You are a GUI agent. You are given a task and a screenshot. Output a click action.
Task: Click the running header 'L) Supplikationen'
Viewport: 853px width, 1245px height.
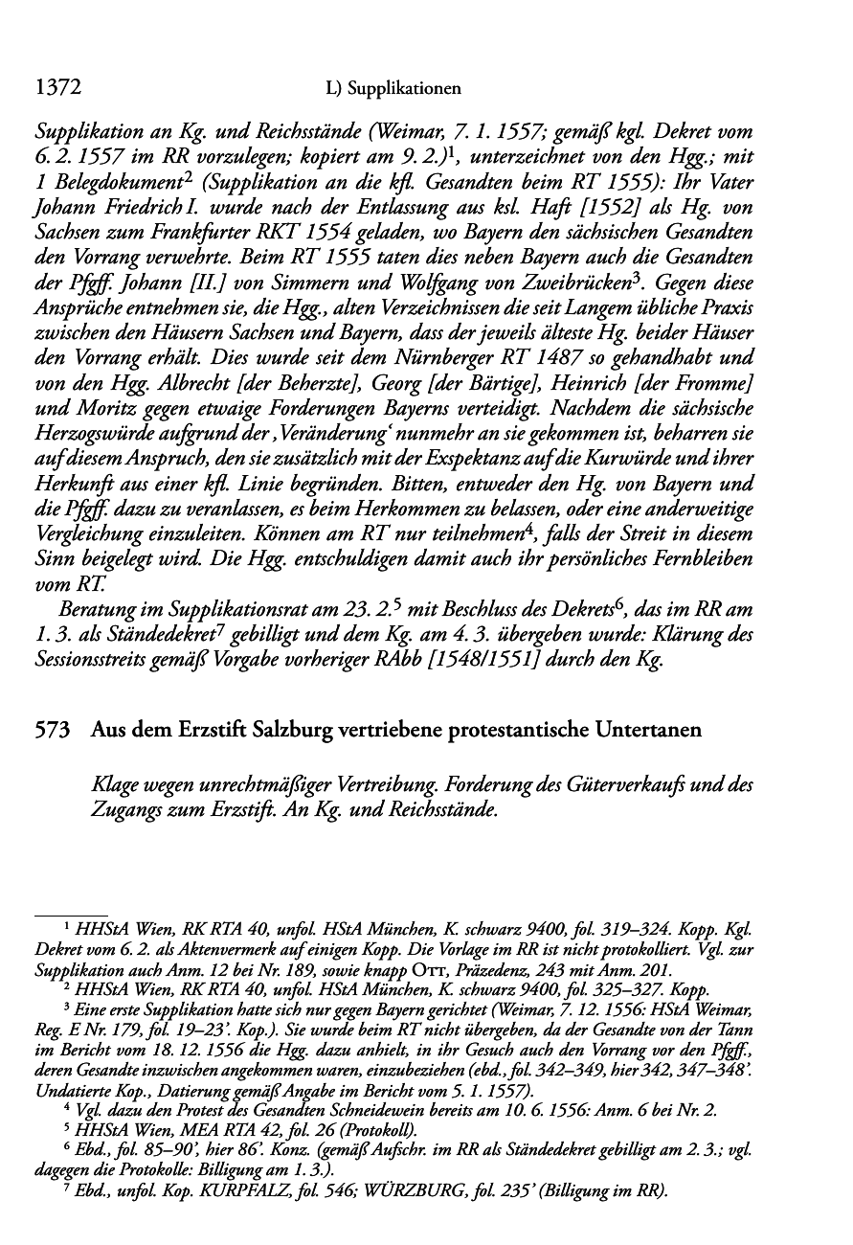click(393, 89)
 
